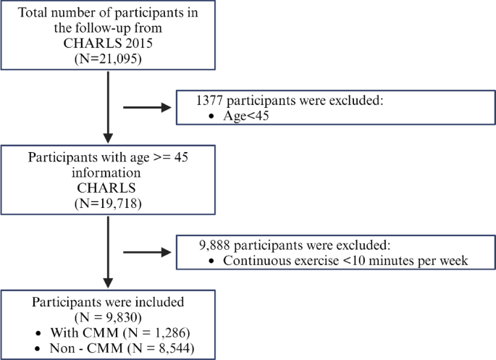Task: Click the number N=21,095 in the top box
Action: tap(107, 59)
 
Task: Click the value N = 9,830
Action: tap(107, 317)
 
